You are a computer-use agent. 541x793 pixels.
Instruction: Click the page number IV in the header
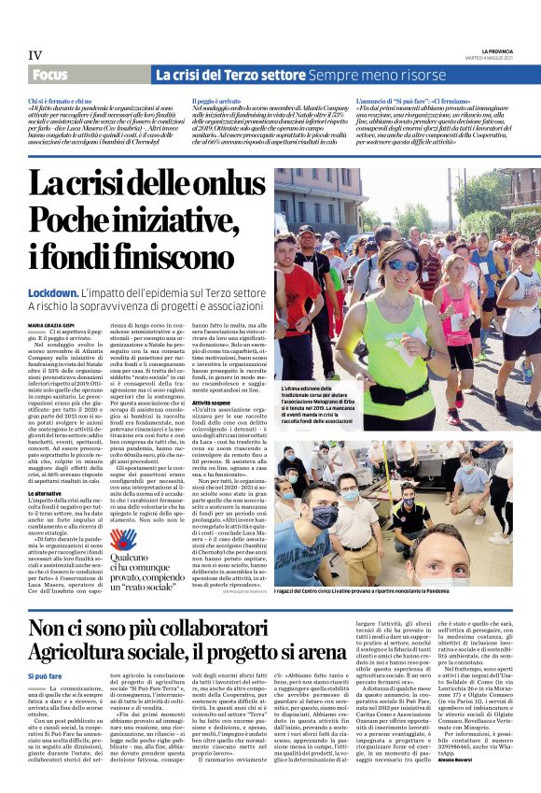pyautogui.click(x=35, y=55)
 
